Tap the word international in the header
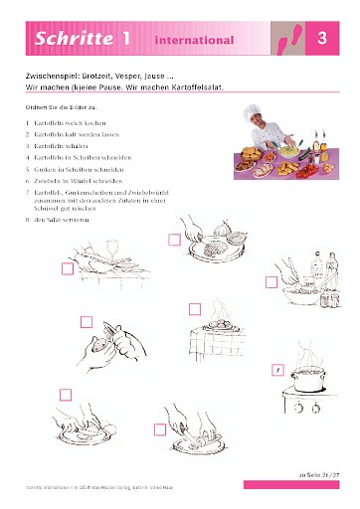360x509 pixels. pos(194,41)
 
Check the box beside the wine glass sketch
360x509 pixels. pos(68,268)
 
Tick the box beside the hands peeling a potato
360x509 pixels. pos(86,321)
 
